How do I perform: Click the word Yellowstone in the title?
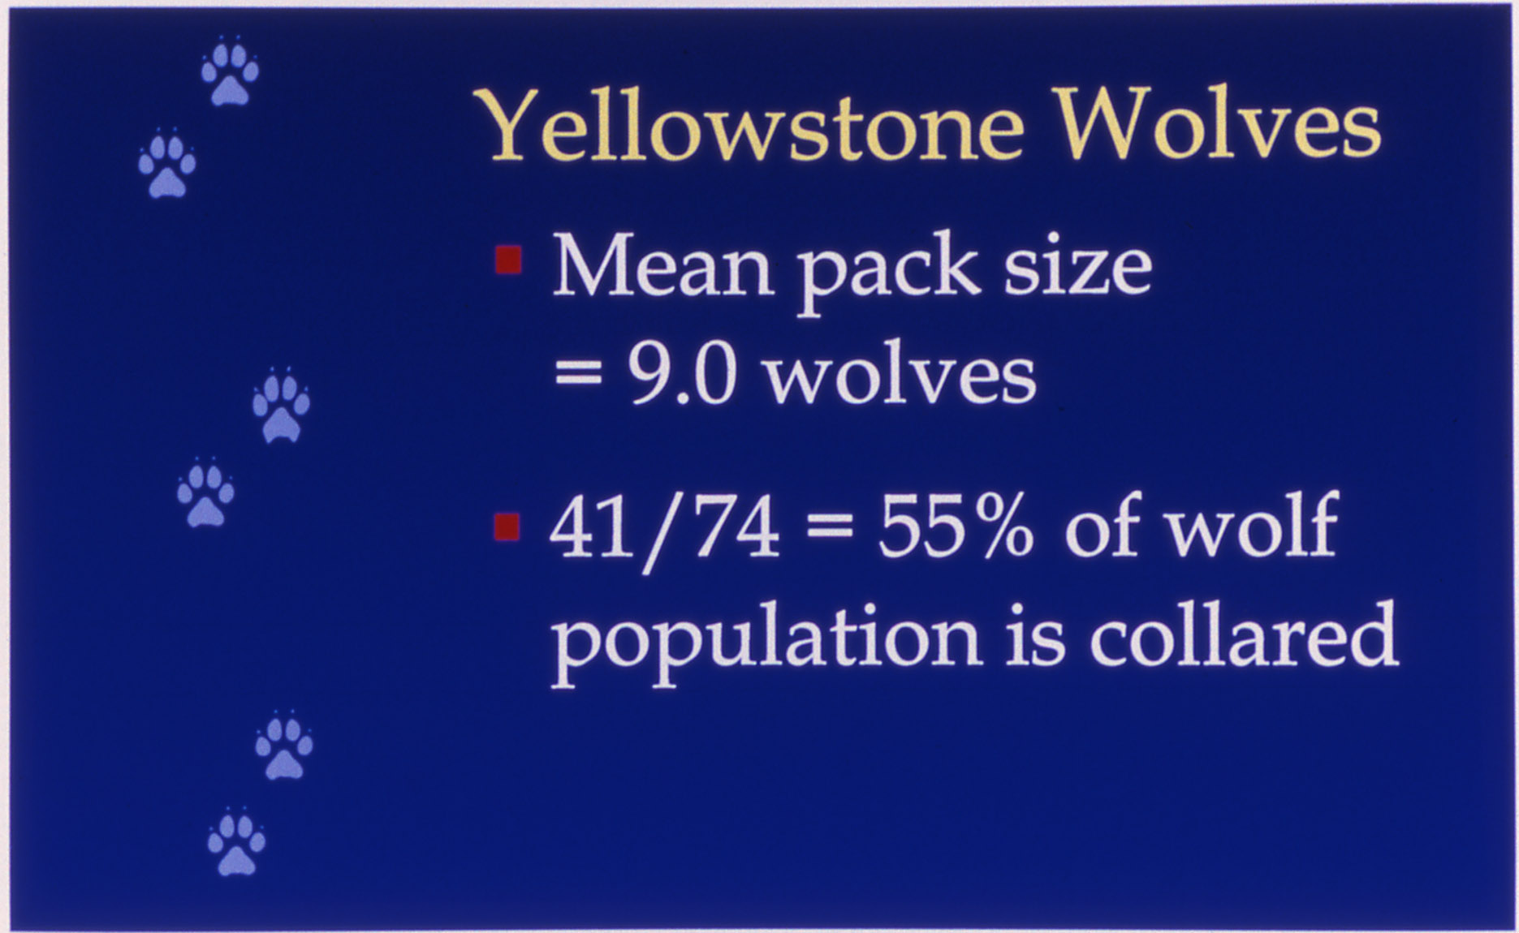[753, 125]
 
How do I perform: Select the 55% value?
[956, 527]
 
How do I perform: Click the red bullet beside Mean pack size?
[507, 260]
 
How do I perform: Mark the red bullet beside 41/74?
[507, 527]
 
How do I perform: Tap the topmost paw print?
[230, 72]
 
